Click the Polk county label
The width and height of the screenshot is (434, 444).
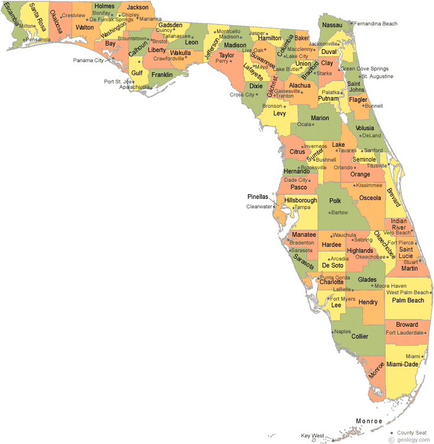[x=336, y=201]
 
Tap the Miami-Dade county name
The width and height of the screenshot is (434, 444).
[x=402, y=365]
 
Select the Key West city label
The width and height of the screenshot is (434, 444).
[x=313, y=436]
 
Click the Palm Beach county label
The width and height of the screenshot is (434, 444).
[x=408, y=300]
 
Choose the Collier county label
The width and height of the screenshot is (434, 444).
[x=359, y=336]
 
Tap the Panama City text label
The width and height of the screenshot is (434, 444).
[x=88, y=60]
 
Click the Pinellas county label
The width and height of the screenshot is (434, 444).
[x=258, y=197]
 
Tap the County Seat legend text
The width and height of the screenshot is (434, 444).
[x=413, y=433]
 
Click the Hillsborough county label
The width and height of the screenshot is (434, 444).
[x=300, y=200]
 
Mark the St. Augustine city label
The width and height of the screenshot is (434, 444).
[x=377, y=76]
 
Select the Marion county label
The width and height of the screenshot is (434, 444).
[x=320, y=118]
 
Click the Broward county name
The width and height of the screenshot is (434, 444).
[x=407, y=324]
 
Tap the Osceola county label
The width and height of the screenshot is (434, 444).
[x=370, y=198]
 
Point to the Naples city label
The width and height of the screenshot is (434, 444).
[x=342, y=332]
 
